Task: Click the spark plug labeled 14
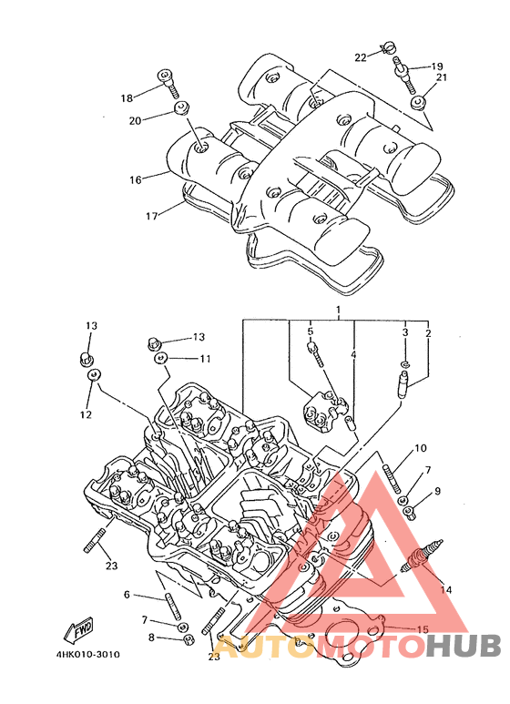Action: coord(421,556)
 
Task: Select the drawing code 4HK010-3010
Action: coord(88,654)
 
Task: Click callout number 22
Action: coord(361,57)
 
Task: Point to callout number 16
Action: coord(136,180)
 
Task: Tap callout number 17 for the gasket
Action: coord(152,216)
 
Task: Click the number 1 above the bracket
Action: coord(338,310)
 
